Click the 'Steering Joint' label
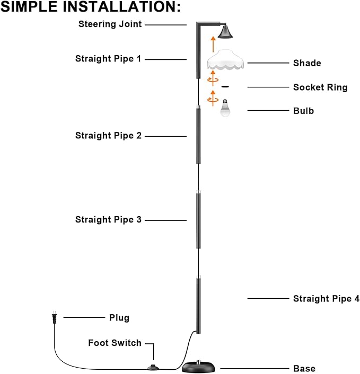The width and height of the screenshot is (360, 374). (x=110, y=24)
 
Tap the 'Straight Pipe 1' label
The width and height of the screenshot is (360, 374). (x=108, y=59)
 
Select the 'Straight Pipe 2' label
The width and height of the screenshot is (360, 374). (x=108, y=136)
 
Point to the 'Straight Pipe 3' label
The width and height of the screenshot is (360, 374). (x=108, y=219)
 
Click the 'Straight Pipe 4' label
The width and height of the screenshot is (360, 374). (x=326, y=299)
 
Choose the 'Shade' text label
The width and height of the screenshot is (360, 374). (x=307, y=63)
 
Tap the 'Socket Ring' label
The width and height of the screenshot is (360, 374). (x=320, y=87)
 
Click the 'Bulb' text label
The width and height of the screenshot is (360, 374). (x=303, y=111)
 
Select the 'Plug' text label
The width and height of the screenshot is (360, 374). (x=119, y=318)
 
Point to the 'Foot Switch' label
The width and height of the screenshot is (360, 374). (x=115, y=343)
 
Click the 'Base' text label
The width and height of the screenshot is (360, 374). (x=304, y=369)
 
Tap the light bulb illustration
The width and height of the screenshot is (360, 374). (x=225, y=108)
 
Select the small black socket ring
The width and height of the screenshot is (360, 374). (x=225, y=87)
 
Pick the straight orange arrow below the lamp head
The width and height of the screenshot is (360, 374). (x=213, y=44)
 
